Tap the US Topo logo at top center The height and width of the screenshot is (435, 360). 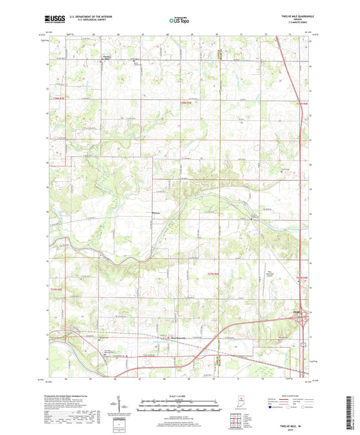coord(179,21)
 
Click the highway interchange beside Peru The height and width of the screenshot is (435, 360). coord(305,317)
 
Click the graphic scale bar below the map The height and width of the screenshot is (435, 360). coord(179,405)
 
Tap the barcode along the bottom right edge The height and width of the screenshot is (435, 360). coord(354,411)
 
